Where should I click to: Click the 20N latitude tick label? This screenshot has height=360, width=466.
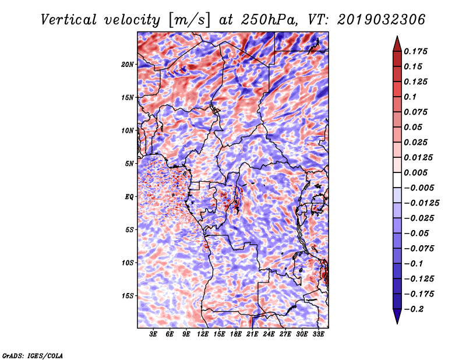coord(128,64)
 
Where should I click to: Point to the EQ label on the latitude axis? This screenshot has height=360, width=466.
coord(129,197)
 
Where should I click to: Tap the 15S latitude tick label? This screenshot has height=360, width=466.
coord(128,296)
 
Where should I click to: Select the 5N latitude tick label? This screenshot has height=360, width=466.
coord(129,164)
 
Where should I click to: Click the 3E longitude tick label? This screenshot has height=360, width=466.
coord(154,334)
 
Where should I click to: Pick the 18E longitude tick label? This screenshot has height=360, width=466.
coord(236,334)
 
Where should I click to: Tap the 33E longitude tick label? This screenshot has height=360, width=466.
coord(318,334)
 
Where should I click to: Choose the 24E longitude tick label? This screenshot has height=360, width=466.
coord(269,334)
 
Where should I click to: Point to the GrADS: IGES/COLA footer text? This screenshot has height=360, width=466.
coord(33,355)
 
